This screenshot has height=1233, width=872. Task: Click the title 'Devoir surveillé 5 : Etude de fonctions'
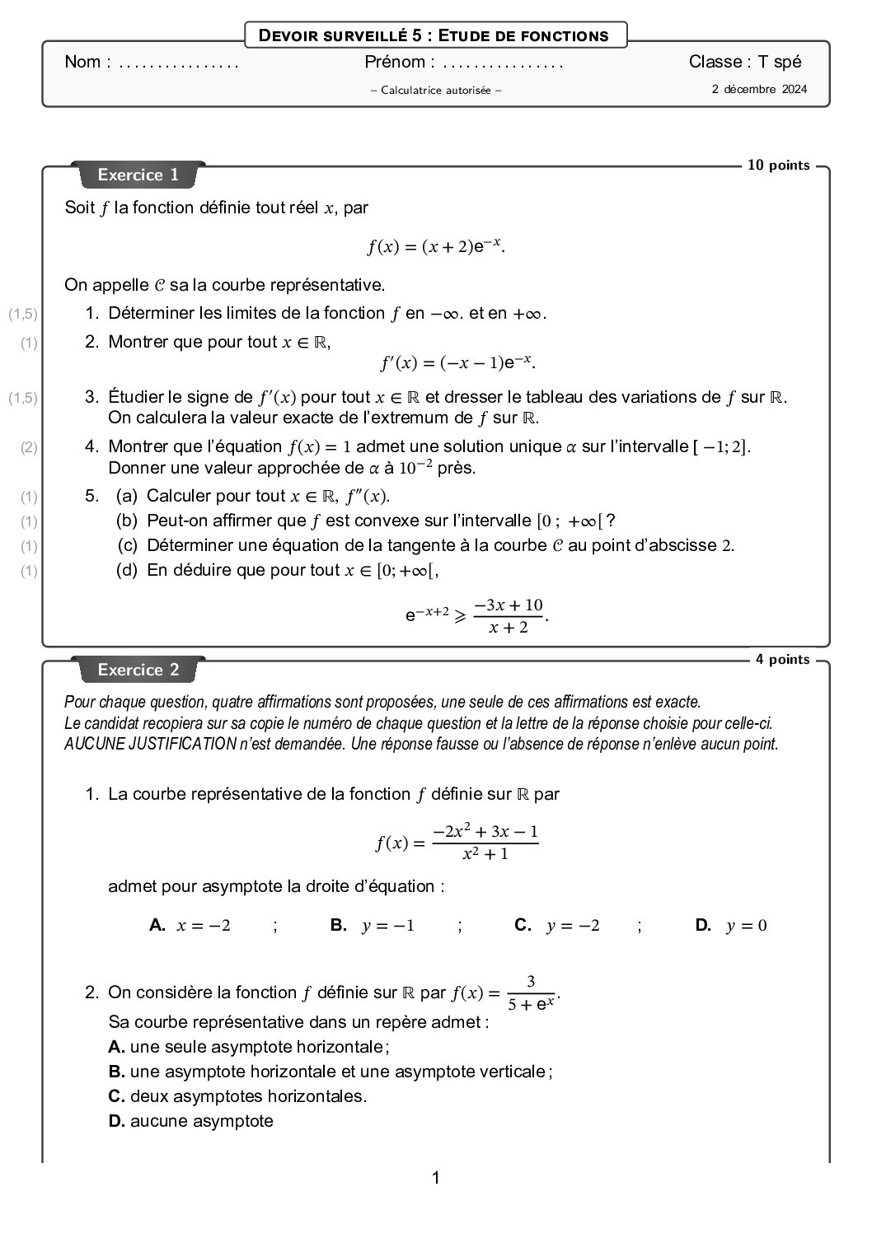point(434,35)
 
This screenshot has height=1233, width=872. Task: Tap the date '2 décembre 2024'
point(759,89)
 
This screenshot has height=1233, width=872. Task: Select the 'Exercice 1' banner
point(138,175)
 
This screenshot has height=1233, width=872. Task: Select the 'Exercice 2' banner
point(138,670)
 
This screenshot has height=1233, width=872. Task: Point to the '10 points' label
point(778,166)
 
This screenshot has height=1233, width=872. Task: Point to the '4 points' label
point(782,660)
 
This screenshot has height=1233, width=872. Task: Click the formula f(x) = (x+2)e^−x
point(436,245)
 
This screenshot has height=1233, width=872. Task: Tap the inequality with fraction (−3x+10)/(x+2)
point(476,615)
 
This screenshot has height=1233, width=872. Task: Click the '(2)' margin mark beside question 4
point(30,447)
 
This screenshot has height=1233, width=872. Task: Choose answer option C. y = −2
point(557,925)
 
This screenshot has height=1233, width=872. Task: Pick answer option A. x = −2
point(190,925)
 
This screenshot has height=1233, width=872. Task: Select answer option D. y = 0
point(731,925)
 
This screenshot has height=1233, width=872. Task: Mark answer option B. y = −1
point(373,925)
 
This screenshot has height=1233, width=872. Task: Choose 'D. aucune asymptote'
point(191,1121)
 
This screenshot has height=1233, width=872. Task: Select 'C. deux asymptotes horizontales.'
point(237,1096)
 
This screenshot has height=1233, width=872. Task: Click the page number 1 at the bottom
point(436,1178)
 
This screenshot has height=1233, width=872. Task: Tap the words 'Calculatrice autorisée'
point(436,90)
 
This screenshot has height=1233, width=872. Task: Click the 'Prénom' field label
point(395,62)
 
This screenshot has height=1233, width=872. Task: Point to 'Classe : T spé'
point(745,62)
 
